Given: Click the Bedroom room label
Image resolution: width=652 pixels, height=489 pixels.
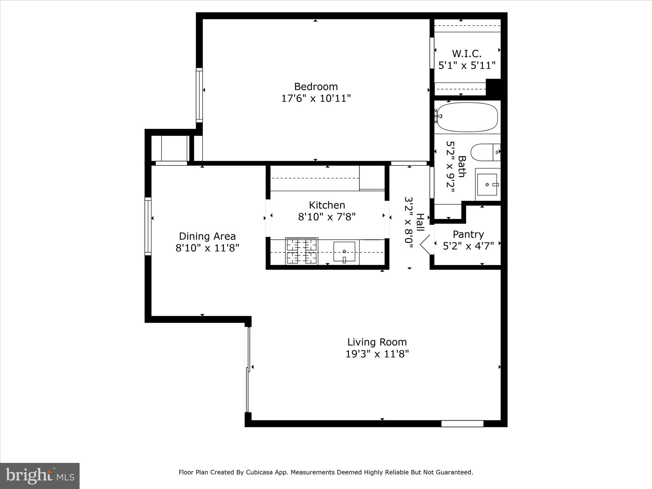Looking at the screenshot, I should (315, 87).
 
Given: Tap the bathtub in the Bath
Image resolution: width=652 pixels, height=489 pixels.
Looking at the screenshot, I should (467, 117).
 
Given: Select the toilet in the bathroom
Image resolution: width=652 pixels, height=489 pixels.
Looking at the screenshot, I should (484, 152).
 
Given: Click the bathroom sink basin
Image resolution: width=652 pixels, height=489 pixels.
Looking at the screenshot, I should (487, 185).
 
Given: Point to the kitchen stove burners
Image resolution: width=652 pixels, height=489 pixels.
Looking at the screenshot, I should (301, 251).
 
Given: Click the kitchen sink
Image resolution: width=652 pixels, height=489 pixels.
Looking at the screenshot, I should (344, 252).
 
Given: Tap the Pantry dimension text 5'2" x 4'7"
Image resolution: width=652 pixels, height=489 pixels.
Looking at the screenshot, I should (468, 246).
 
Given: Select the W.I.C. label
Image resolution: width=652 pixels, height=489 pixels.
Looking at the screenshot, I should (467, 53).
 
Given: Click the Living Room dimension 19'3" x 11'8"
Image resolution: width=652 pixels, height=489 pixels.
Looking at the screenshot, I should (377, 354).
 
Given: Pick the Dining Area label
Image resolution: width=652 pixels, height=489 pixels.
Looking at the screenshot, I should (207, 236).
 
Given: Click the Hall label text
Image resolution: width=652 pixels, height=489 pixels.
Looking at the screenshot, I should (420, 223).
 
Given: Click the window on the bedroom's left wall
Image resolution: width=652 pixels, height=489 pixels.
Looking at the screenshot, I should (199, 95).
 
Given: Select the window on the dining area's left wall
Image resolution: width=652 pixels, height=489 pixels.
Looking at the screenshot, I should (148, 226).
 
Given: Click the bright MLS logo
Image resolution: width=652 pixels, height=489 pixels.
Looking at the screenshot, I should (40, 476).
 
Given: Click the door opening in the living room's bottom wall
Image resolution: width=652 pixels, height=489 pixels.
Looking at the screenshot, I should (462, 424).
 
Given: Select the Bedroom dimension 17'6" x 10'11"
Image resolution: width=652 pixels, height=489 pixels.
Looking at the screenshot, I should (315, 98).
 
